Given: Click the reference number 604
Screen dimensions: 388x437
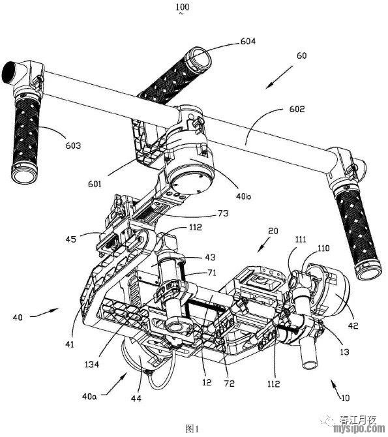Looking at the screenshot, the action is click(248, 41).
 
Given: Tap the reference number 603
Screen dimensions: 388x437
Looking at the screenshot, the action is click(73, 145).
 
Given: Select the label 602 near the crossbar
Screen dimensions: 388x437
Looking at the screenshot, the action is click(297, 109).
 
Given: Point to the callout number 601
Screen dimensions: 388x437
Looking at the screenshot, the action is click(95, 184).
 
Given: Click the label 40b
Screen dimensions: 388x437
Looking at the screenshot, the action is click(243, 196).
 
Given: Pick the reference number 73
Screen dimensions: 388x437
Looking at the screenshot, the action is click(223, 213).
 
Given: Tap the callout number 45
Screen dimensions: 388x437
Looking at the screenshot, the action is click(71, 239).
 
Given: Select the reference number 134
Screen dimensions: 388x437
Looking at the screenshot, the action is click(92, 364).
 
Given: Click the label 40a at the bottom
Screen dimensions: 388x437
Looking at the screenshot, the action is click(89, 396).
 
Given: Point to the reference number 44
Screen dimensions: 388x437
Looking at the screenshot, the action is click(136, 399).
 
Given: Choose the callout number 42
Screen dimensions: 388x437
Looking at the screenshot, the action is click(353, 325).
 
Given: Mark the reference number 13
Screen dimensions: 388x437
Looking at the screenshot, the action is click(345, 352).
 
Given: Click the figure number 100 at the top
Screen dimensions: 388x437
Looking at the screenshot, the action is click(183, 7).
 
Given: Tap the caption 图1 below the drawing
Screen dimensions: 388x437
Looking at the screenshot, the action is click(192, 429).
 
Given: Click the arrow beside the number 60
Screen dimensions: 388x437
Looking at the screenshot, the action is click(279, 77).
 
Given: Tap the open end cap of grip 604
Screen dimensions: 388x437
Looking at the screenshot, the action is click(199, 59).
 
